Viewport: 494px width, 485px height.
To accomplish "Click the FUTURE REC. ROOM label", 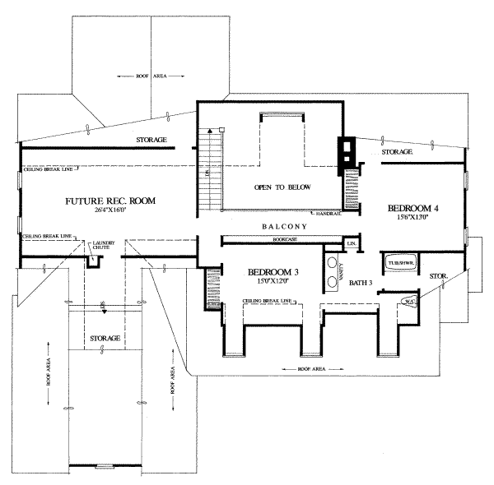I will click(x=110, y=201).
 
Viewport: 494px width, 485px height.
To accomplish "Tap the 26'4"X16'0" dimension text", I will click(x=110, y=211).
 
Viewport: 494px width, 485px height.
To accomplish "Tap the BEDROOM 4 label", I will click(x=413, y=210).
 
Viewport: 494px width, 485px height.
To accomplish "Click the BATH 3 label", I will click(x=361, y=282).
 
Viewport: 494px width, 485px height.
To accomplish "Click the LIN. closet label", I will click(x=352, y=244).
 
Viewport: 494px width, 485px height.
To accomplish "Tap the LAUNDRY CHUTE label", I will click(x=105, y=246).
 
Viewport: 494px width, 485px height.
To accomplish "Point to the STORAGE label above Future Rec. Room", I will click(x=152, y=141).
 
